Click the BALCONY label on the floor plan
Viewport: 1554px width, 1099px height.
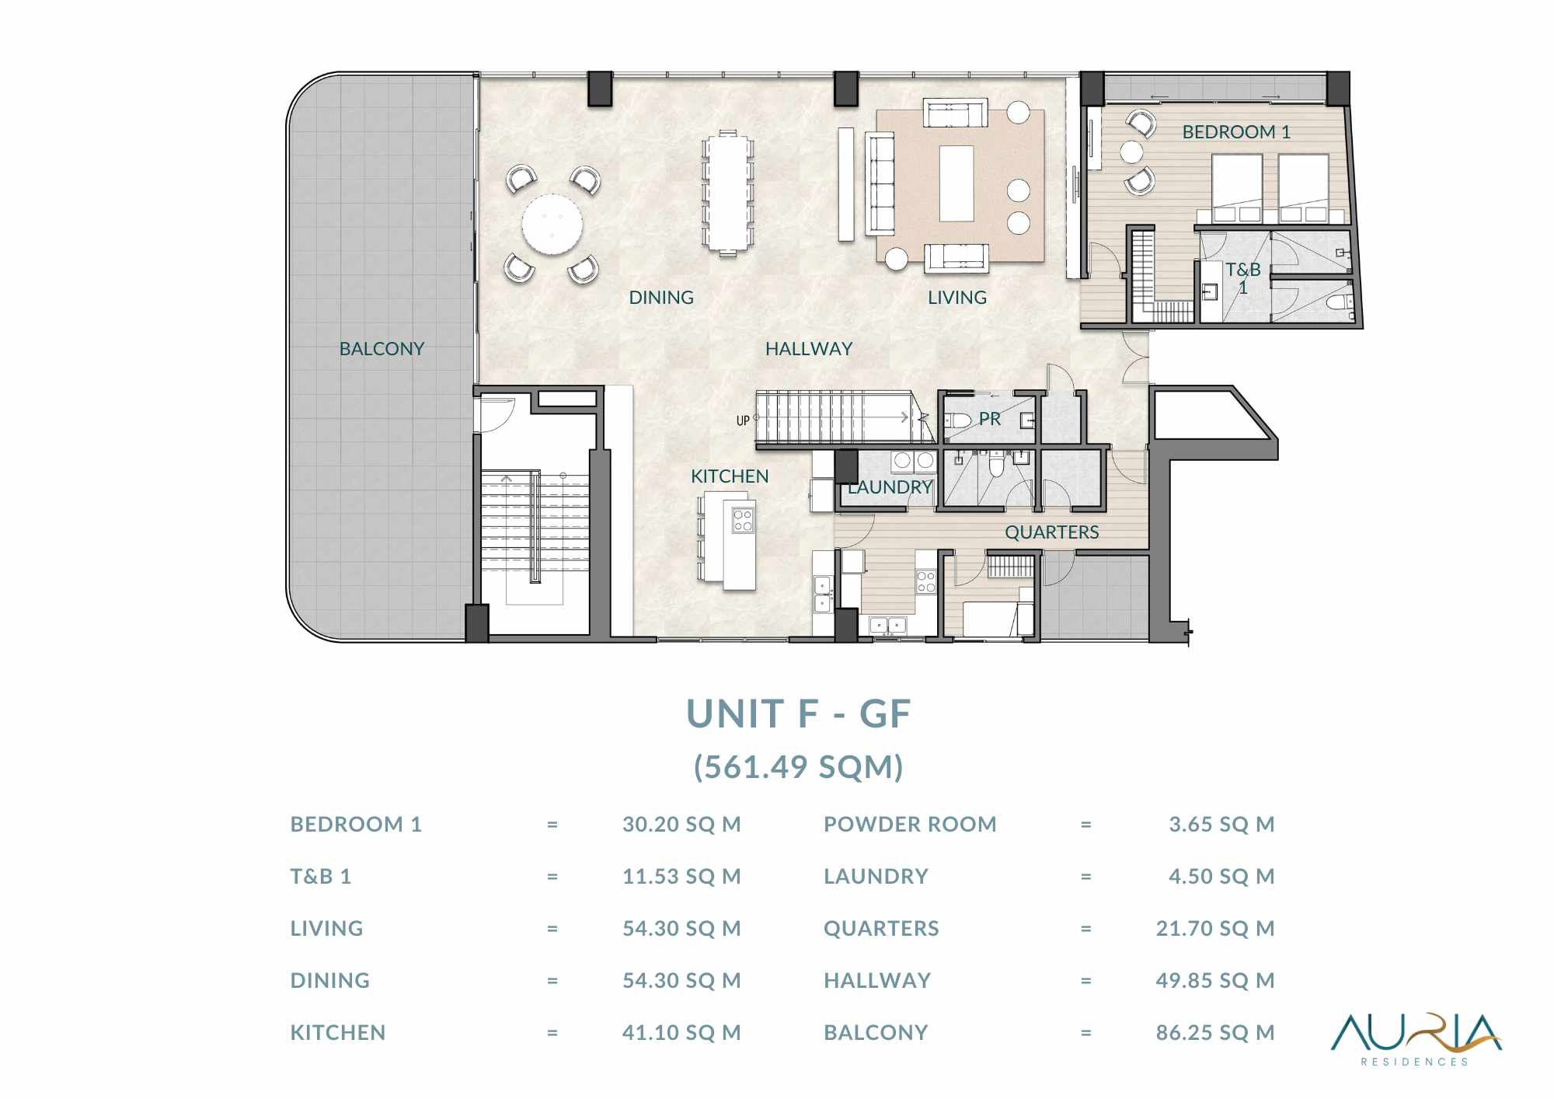coord(382,349)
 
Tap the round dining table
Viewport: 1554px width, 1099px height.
coord(552,224)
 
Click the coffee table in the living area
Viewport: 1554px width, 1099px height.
coord(956,183)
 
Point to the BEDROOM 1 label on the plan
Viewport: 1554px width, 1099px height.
coord(1236,132)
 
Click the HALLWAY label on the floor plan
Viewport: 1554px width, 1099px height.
coord(809,349)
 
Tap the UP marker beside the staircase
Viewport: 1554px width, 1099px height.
coord(743,420)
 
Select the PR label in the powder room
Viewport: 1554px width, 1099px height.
coord(990,419)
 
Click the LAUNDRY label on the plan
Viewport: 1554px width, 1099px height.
coord(890,487)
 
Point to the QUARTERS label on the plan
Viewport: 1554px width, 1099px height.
coord(1052,532)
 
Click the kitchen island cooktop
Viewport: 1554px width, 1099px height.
coord(743,520)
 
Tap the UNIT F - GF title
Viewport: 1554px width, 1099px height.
coord(798,713)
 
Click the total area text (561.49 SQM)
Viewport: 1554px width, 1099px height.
coord(798,767)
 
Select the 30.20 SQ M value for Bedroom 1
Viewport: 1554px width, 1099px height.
coord(681,824)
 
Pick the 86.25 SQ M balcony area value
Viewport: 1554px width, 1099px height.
coord(1215,1032)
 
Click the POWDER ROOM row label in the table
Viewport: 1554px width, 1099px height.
coord(910,824)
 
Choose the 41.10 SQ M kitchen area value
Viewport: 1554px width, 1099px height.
coord(681,1032)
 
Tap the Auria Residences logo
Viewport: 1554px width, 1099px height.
coord(1416,1039)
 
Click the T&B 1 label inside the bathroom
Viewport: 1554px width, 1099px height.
coord(1243,278)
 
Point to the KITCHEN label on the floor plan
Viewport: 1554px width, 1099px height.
coord(730,476)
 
